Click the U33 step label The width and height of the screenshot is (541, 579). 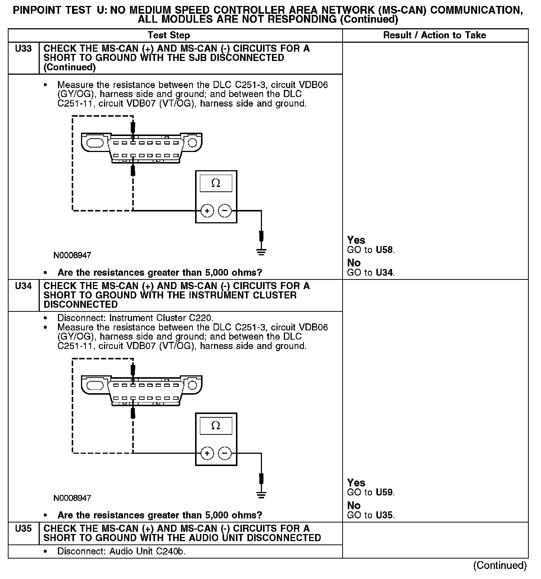[23, 49]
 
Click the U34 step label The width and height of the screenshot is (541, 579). [23, 286]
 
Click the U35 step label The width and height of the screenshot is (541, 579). [23, 528]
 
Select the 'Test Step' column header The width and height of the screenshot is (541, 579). [169, 35]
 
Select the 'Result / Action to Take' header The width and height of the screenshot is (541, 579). [434, 35]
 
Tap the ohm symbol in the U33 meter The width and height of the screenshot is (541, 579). [216, 183]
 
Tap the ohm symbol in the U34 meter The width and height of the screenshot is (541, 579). [216, 426]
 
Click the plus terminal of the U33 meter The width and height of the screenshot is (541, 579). [207, 211]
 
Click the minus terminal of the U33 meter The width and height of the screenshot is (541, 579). [224, 211]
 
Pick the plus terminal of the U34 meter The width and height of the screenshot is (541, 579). [207, 453]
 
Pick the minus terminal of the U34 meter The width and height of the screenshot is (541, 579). [224, 453]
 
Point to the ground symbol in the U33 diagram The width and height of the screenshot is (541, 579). [261, 252]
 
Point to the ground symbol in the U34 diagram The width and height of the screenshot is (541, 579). [261, 494]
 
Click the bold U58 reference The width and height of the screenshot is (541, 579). [384, 250]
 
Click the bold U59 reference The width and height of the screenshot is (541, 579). [384, 492]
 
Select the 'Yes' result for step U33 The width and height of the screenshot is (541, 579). [356, 240]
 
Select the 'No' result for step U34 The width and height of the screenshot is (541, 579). [354, 505]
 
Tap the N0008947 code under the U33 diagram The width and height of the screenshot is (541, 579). [72, 255]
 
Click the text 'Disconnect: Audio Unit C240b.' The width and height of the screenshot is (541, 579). [122, 551]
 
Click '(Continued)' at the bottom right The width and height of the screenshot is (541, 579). [500, 565]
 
